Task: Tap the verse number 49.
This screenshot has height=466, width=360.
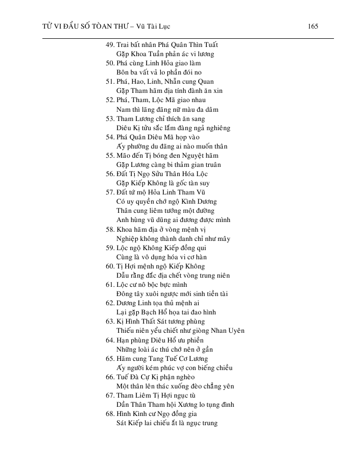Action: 109,44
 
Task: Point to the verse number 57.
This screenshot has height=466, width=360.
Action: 109,192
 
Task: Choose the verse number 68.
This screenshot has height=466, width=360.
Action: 109,413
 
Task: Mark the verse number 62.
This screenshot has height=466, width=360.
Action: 109,303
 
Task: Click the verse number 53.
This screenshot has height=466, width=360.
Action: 109,118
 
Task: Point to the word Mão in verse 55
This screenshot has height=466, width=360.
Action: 124,156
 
